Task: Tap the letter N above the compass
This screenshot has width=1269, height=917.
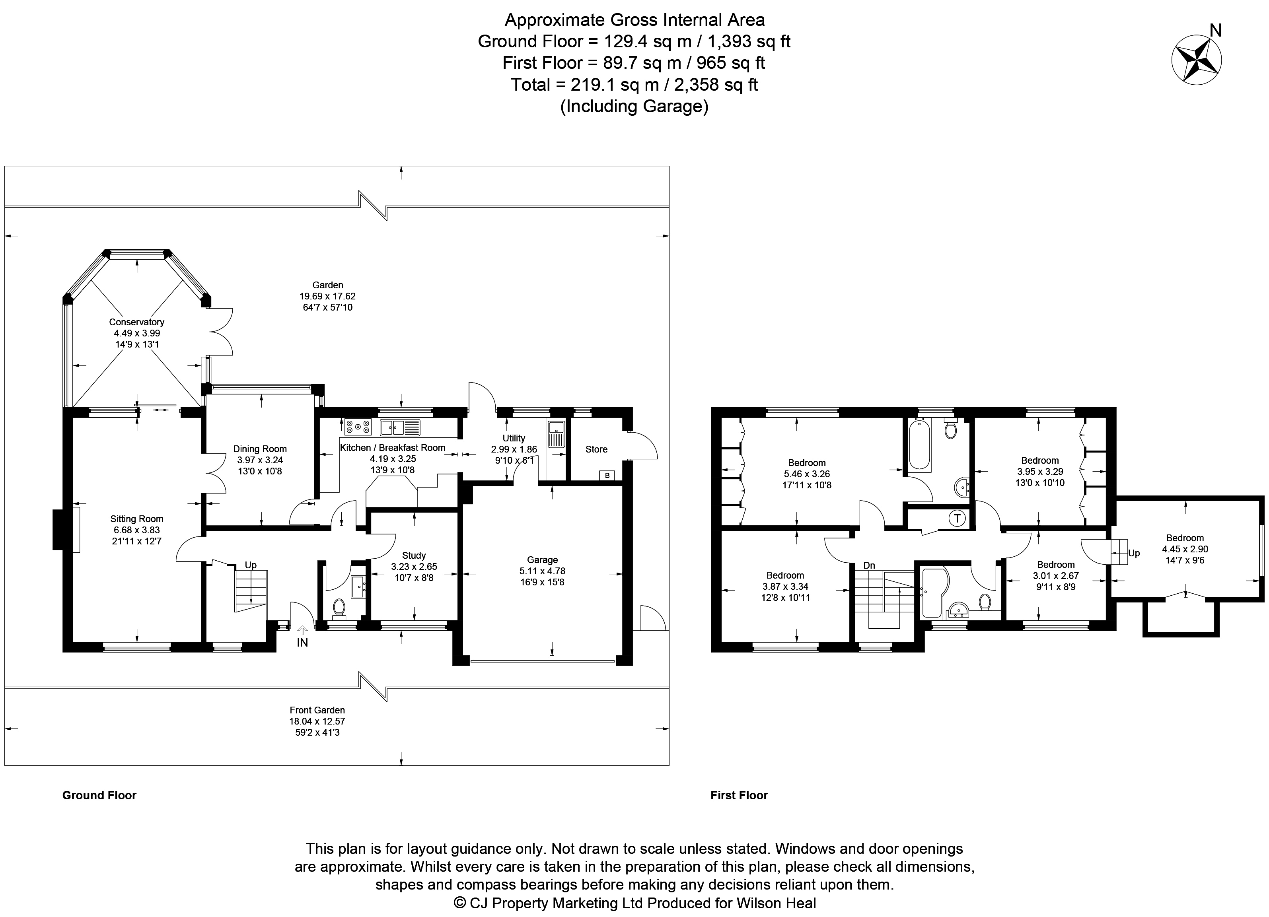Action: [1211, 30]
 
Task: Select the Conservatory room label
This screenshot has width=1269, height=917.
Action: [136, 322]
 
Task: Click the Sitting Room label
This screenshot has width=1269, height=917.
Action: [136, 519]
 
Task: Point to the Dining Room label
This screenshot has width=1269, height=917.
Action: [260, 449]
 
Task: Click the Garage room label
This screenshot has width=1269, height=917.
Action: [542, 560]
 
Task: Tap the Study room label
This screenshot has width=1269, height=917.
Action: [414, 555]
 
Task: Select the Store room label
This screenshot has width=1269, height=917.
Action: [596, 450]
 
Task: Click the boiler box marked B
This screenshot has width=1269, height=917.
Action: [607, 476]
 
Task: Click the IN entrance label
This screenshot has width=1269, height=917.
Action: [302, 643]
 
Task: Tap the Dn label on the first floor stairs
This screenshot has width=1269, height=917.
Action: [869, 565]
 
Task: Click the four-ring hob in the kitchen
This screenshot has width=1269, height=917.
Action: [358, 427]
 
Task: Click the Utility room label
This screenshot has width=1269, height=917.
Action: [514, 438]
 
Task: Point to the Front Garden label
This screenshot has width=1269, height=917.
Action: [317, 710]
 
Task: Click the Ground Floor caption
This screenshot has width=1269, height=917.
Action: [99, 795]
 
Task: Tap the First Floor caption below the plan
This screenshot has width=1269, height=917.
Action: [739, 795]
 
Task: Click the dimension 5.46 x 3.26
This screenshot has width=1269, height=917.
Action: [806, 474]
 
